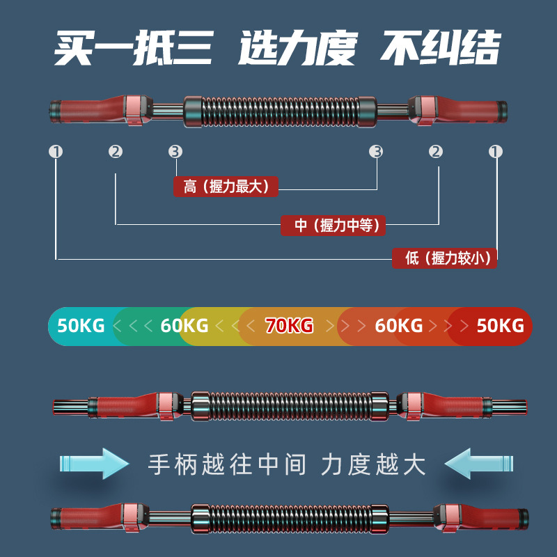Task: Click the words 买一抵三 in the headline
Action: click(133, 47)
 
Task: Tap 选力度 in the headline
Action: click(297, 47)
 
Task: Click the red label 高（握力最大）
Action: click(226, 187)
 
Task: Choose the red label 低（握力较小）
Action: click(444, 258)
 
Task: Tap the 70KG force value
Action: click(289, 325)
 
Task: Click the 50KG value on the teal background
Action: click(81, 325)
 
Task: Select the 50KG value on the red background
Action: click(500, 325)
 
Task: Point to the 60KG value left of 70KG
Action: click(184, 325)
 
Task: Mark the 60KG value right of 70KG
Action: click(398, 325)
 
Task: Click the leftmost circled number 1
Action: click(56, 151)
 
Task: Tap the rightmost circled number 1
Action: click(496, 151)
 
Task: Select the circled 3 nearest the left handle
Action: click(175, 151)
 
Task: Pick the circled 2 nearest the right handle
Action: click(436, 151)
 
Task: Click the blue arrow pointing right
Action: click(94, 463)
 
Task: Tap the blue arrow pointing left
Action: click(480, 463)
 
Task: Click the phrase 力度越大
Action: click(373, 464)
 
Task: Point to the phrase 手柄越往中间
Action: click(228, 464)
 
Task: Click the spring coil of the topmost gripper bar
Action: click(278, 109)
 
